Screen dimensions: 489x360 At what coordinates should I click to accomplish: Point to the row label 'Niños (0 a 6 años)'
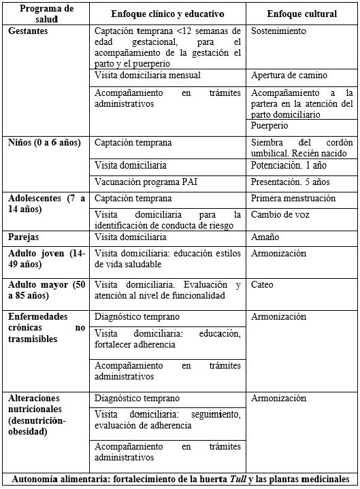point(44,142)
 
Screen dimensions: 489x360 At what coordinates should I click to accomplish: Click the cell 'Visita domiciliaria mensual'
point(148,75)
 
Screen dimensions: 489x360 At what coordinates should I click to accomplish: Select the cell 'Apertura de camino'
point(289,75)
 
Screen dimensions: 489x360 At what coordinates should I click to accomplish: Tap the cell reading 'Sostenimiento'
point(278,31)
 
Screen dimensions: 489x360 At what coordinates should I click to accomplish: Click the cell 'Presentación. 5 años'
point(291,182)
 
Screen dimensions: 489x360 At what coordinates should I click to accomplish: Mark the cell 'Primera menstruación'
point(293,198)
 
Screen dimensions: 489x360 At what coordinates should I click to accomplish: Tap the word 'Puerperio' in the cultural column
point(269,126)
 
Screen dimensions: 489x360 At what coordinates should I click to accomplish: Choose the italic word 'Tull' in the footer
point(235,479)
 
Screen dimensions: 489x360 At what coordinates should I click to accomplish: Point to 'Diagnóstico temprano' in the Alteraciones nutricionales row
point(137,398)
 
